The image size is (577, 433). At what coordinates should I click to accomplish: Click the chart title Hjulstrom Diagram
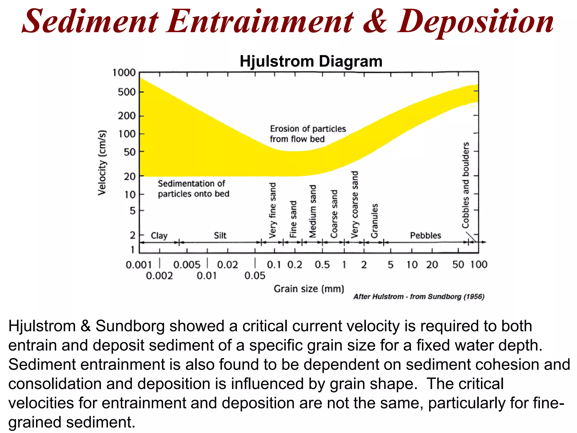(x=311, y=61)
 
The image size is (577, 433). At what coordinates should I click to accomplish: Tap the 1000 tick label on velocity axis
(x=124, y=73)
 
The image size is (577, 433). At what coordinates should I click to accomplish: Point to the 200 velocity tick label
(x=127, y=116)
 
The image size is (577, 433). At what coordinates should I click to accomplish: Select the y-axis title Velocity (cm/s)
(x=102, y=163)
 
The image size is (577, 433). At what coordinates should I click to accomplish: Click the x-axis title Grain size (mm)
(x=309, y=289)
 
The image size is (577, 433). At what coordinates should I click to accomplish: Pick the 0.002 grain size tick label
(x=159, y=275)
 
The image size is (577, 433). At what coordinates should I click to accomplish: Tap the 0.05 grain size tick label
(x=255, y=275)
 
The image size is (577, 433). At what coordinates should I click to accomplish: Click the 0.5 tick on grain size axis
(x=322, y=264)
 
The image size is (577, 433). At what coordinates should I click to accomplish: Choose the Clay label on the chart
(x=159, y=235)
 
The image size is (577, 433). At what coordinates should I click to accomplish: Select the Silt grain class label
(x=220, y=235)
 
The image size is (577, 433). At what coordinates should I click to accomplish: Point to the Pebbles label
(x=425, y=235)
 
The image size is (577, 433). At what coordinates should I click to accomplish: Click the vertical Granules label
(x=374, y=221)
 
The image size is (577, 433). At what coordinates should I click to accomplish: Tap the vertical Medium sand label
(x=313, y=211)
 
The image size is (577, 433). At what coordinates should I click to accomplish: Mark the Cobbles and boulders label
(x=465, y=185)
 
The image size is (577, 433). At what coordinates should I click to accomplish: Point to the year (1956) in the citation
(x=474, y=297)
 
